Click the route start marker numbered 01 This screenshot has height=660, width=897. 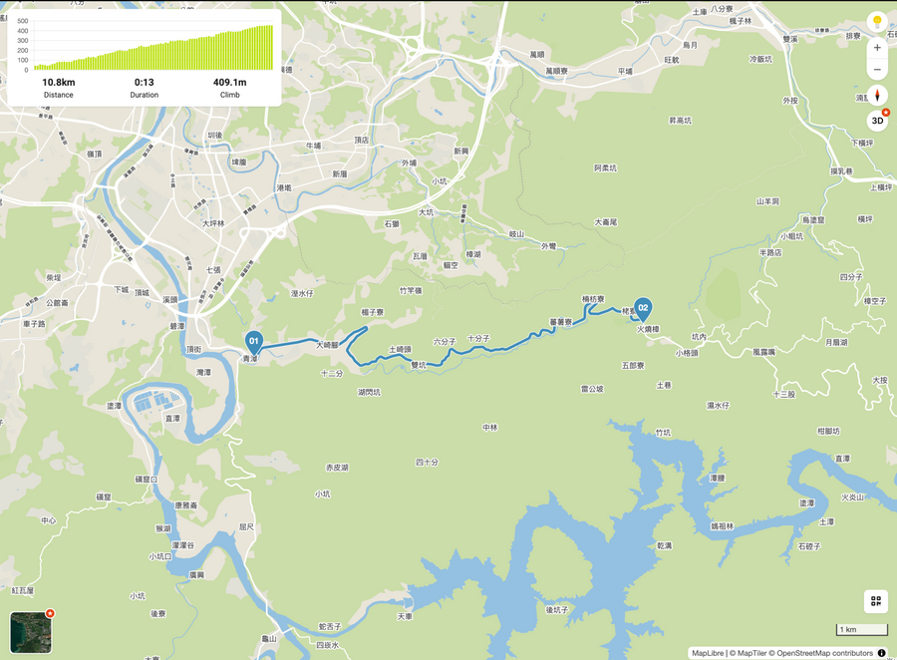[253, 341]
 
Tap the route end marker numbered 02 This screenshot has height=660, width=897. [643, 308]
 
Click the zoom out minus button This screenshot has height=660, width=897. [877, 70]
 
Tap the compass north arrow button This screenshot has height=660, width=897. [877, 96]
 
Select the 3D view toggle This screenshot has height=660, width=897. [877, 122]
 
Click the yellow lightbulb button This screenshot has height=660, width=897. [877, 21]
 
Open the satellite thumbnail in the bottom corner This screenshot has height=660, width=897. [29, 631]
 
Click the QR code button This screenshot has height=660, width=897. [876, 601]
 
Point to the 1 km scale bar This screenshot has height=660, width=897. [861, 630]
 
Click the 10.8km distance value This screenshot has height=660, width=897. [58, 82]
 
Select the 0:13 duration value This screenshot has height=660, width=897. [145, 82]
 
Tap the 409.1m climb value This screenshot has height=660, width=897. [229, 82]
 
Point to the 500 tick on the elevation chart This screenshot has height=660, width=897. [22, 21]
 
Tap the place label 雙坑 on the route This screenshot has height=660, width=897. [420, 365]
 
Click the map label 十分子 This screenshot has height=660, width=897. [478, 339]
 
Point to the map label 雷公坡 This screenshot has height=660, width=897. [592, 390]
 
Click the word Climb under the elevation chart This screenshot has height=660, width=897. [229, 95]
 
